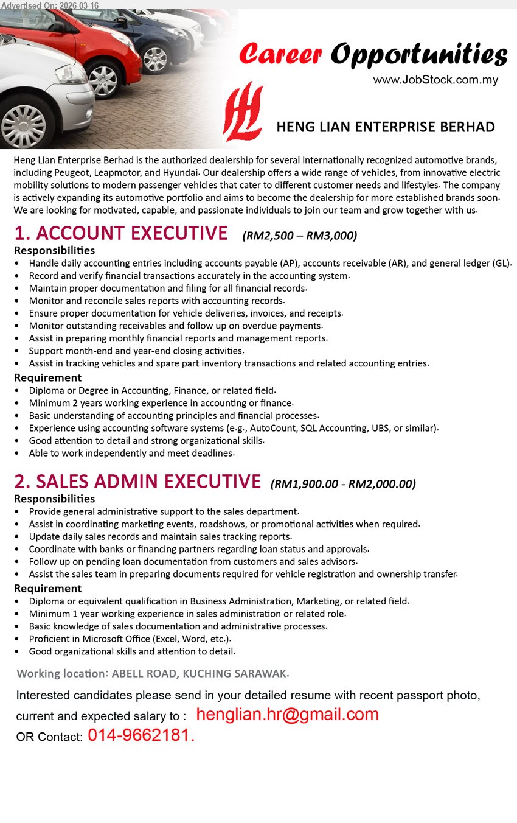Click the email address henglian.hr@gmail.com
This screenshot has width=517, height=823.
[287, 715]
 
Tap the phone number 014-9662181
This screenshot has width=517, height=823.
[141, 736]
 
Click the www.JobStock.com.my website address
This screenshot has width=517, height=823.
[435, 80]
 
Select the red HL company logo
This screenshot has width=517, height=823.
[243, 112]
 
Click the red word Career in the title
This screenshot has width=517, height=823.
[280, 55]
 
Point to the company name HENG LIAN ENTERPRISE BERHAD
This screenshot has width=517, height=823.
[385, 127]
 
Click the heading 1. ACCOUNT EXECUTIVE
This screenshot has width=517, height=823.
[121, 234]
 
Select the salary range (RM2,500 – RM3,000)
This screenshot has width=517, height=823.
[299, 236]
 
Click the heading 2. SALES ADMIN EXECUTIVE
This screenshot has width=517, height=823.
[137, 482]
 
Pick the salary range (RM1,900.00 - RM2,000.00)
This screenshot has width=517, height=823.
[343, 484]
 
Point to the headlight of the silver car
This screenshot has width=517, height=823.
[72, 74]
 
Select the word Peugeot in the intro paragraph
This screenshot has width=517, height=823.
[72, 173]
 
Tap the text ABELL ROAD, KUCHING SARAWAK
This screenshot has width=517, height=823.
[200, 674]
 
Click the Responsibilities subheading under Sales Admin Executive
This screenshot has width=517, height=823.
[54, 499]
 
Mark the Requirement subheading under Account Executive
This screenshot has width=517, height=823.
[47, 378]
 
